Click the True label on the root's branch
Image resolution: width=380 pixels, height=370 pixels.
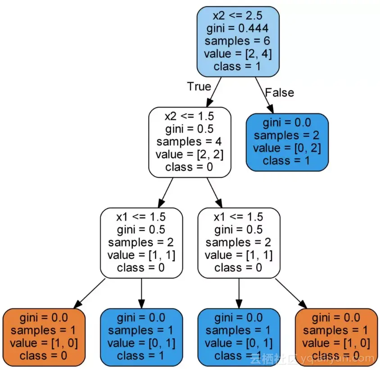coord(199,86)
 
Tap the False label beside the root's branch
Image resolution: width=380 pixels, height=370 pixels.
coord(279,93)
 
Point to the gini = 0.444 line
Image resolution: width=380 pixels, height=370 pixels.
coord(238,29)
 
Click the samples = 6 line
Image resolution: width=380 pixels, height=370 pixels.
coord(238,41)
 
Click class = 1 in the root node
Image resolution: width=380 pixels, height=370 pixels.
coord(238,66)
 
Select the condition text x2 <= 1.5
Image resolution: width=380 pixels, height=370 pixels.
coord(190,116)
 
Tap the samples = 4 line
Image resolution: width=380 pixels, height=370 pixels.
coord(190,141)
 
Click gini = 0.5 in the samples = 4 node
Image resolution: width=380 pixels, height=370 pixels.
coord(190,129)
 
